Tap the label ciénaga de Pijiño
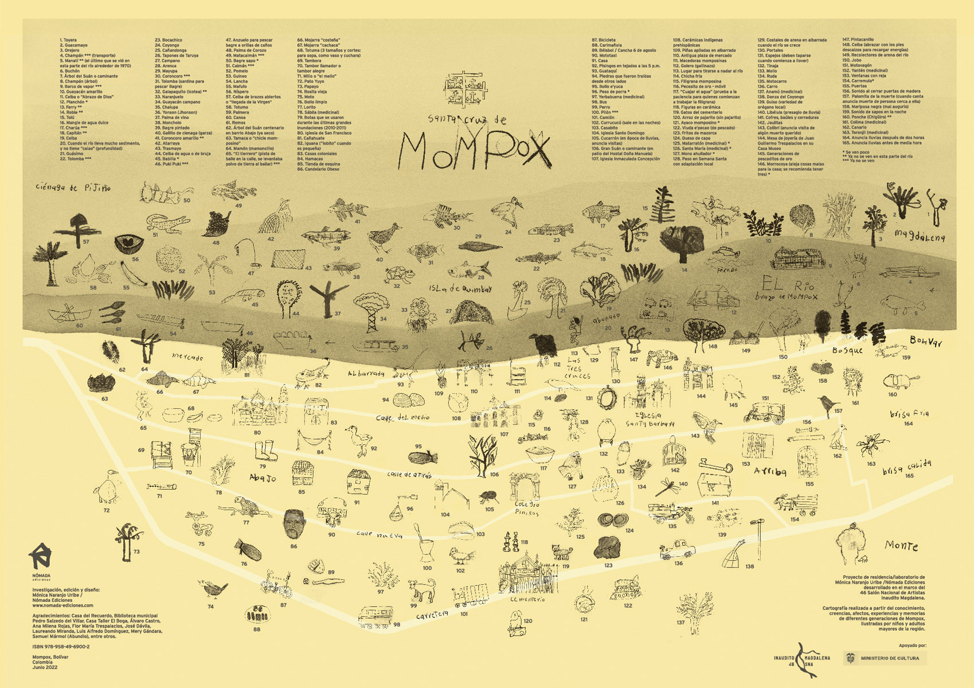73,187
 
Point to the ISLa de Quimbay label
460,289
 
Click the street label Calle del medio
402,417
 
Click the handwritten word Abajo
263,477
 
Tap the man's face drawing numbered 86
293,524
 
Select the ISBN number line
61,646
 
